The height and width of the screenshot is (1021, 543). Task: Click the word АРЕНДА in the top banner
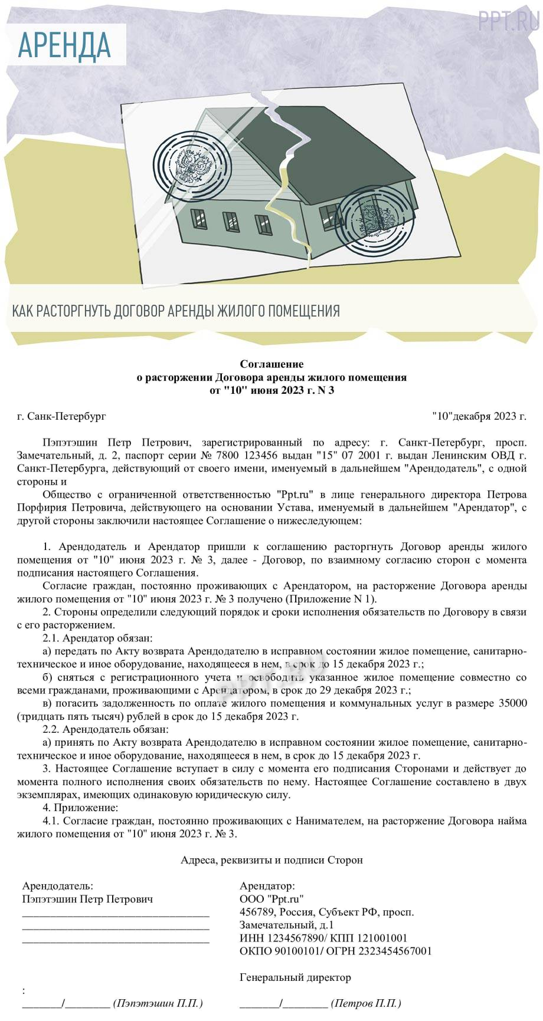coord(64,45)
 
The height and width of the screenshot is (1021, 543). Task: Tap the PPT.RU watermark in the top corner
coord(508,22)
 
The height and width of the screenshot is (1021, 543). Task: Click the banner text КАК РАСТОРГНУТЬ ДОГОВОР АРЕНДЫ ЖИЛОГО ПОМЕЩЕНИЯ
coord(176,311)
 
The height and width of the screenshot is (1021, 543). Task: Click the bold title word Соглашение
coord(271,364)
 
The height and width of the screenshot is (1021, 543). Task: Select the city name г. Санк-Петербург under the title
coord(61,416)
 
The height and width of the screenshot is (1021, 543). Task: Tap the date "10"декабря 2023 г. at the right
coord(479,416)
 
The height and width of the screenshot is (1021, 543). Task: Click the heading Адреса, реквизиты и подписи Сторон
coord(271,860)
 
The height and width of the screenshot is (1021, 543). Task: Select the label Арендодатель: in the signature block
coord(57,886)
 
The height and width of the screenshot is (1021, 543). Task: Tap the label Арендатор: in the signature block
coord(267,886)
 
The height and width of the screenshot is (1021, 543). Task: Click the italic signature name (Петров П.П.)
coord(366,1003)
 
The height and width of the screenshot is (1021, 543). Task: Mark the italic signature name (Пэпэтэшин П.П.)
coord(158,1003)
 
